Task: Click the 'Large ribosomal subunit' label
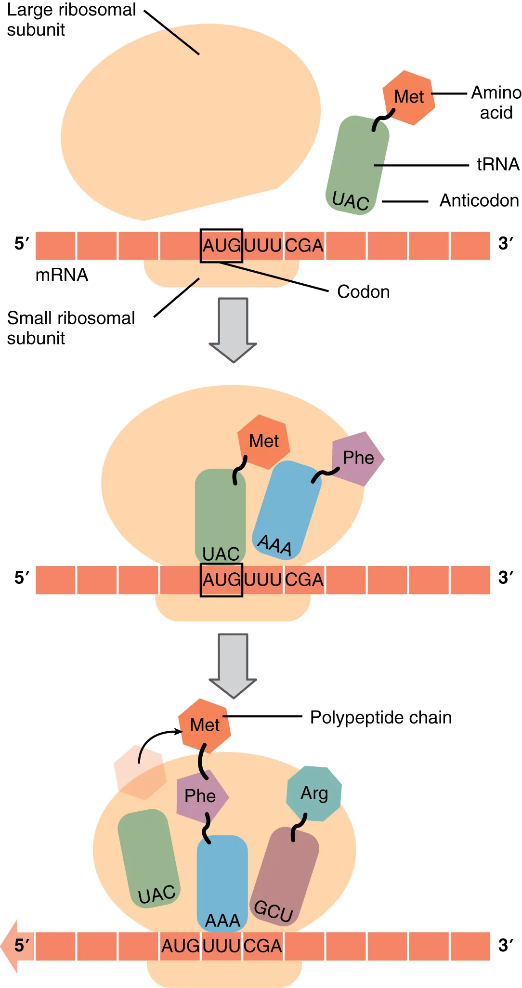[x=71, y=20]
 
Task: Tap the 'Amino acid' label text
[x=496, y=103]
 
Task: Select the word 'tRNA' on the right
[x=498, y=164]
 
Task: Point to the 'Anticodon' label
[x=479, y=200]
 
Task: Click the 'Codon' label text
[x=363, y=292]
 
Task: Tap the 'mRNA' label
[x=62, y=275]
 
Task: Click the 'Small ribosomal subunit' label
[x=71, y=328]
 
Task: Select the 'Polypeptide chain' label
[x=380, y=717]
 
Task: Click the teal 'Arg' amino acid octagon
[x=314, y=793]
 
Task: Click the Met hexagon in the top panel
[x=409, y=97]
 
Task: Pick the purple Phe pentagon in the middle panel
[x=358, y=458]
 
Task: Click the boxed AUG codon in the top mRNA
[x=221, y=246]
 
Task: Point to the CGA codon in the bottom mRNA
[x=262, y=946]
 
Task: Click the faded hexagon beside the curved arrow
[x=140, y=772]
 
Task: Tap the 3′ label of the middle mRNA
[x=505, y=578]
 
